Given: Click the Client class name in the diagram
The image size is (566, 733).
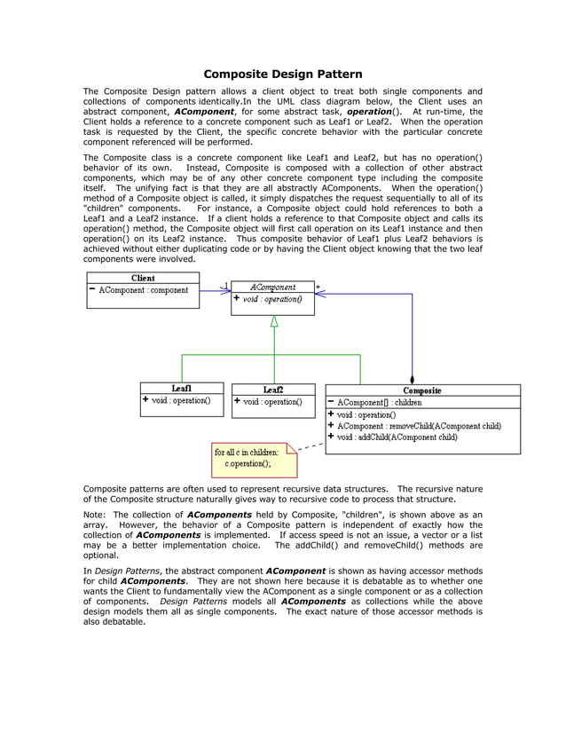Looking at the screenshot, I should coord(143,278).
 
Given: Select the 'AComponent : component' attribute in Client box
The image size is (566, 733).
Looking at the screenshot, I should coord(143,290).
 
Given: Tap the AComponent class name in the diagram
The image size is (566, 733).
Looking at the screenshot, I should coord(274,288).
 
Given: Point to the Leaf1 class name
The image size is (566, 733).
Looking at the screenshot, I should coord(182,388).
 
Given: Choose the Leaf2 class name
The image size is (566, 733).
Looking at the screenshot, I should coord(273,389).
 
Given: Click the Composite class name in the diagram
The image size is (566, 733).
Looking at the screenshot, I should coord(422,390).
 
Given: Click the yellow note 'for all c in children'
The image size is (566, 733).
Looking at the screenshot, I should coord(248,456).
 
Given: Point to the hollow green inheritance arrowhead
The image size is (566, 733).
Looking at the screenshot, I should coord(274,321).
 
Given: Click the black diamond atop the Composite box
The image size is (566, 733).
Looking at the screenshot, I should coord(412,379).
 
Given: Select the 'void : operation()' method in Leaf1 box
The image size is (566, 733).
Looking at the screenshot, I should coord(181,400).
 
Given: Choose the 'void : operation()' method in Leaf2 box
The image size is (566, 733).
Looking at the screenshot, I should coord(272,401).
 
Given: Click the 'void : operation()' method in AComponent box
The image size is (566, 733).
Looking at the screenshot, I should coord(271,300).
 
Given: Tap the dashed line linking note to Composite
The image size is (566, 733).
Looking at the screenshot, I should coord(311,447).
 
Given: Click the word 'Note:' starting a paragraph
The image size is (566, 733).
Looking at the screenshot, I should coord(94,514).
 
